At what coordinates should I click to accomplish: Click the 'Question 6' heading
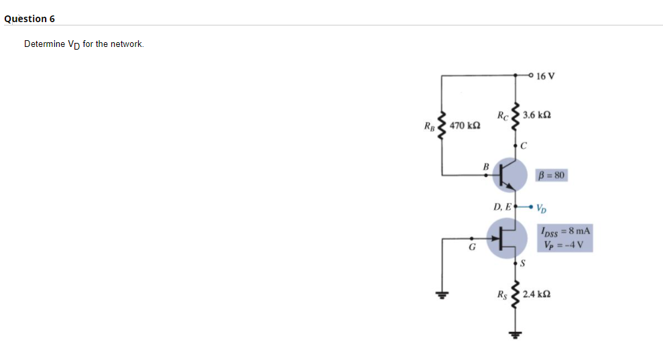[x=29, y=19]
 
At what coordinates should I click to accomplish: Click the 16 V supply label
[x=546, y=75]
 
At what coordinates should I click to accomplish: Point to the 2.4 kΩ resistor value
[x=537, y=294]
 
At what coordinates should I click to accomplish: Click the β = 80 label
[x=552, y=176]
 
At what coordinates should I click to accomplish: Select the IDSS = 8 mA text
[x=564, y=231]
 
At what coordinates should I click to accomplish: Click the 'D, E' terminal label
[x=502, y=206]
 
